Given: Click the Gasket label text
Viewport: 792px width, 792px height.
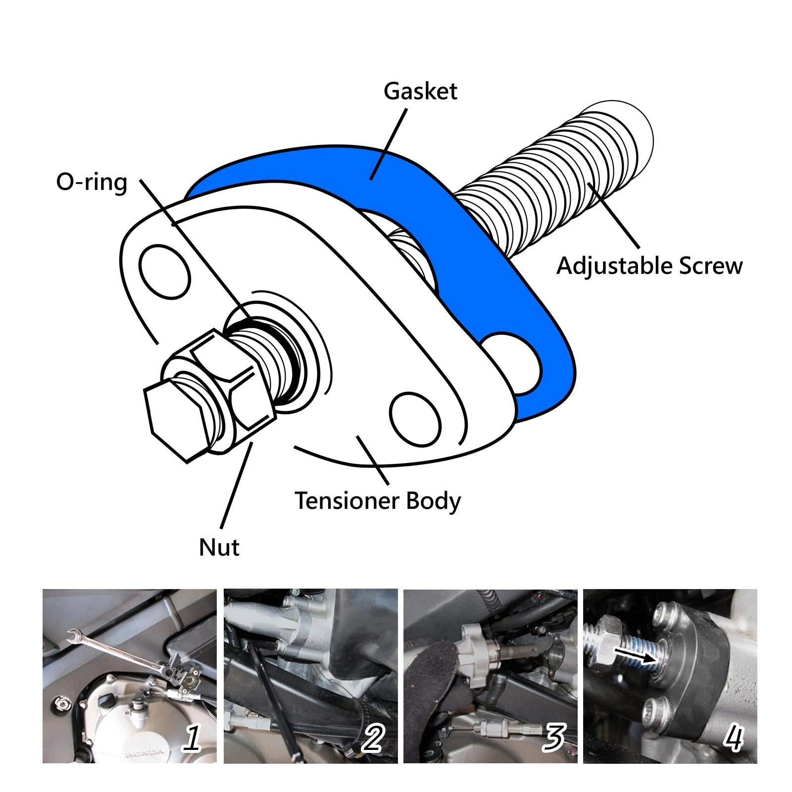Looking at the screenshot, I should pos(420,92).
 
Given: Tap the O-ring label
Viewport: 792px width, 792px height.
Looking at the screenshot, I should pos(92,182).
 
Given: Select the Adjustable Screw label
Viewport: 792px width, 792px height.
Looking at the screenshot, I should pos(649,266).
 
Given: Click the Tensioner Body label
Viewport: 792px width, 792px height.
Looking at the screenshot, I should pos(377,500).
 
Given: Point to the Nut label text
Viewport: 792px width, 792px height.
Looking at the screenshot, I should pos(219,547).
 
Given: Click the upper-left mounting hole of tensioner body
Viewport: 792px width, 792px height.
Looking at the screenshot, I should pos(164,272).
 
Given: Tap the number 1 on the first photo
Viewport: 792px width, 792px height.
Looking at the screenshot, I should pos(192,738).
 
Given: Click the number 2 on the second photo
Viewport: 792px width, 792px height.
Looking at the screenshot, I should pos(372,738).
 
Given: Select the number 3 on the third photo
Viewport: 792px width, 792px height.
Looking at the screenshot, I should pos(553,738).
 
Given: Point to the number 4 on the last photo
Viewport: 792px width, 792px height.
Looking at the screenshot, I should pos(733,738).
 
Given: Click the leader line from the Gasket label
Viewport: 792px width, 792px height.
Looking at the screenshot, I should pos(389,144).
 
